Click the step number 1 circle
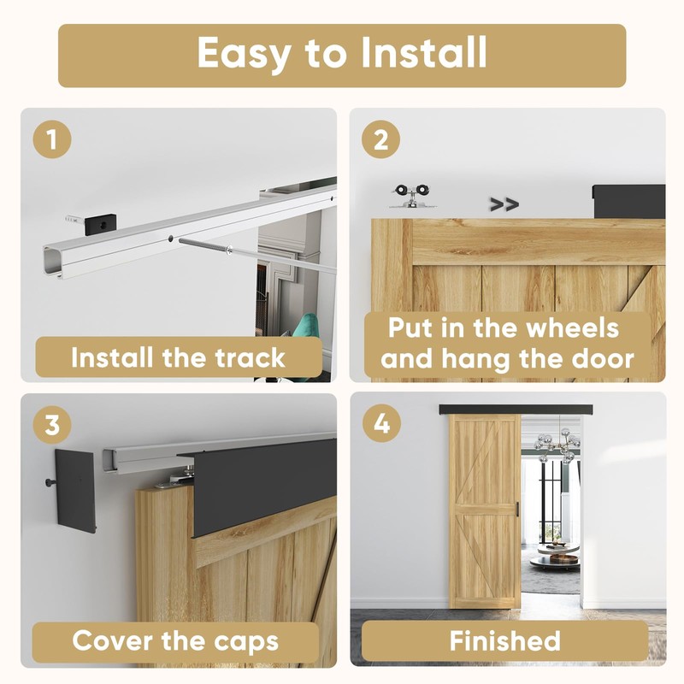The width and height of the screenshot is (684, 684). pyautogui.click(x=52, y=139)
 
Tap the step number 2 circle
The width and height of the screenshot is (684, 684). pyautogui.click(x=380, y=139)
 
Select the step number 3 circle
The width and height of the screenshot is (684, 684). pyautogui.click(x=52, y=424)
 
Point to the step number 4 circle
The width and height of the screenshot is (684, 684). pyautogui.click(x=381, y=423)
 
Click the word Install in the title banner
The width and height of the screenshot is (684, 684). pyautogui.click(x=423, y=52)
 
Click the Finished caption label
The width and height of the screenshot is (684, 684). pyautogui.click(x=504, y=640)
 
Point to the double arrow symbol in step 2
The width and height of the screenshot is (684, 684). pyautogui.click(x=504, y=203)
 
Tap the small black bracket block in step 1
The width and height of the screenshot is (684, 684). pyautogui.click(x=100, y=224)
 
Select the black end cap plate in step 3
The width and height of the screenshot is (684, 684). pyautogui.click(x=75, y=491)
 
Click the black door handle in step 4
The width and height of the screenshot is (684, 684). pyautogui.click(x=518, y=509)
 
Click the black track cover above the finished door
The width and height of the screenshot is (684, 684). pyautogui.click(x=516, y=410)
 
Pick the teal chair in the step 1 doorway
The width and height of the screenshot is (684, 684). pyautogui.click(x=305, y=325)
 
